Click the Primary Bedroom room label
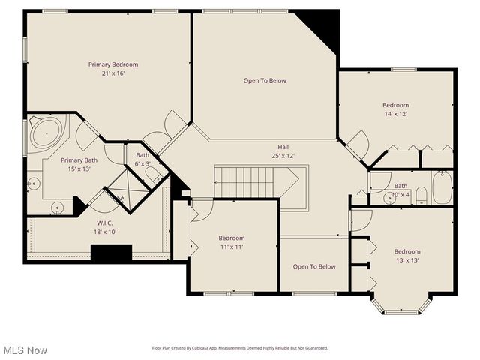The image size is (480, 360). (113, 64)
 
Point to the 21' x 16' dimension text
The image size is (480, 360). (113, 73)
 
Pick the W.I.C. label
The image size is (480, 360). (104, 223)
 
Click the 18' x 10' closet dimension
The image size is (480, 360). (104, 232)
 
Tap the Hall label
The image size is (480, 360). (283, 147)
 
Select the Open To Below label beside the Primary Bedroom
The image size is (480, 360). (265, 80)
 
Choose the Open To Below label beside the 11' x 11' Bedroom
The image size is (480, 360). (314, 266)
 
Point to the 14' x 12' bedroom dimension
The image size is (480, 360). (395, 114)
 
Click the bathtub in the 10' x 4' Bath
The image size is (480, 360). (442, 187)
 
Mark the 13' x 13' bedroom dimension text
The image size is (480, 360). (407, 260)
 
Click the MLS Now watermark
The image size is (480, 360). (25, 350)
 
